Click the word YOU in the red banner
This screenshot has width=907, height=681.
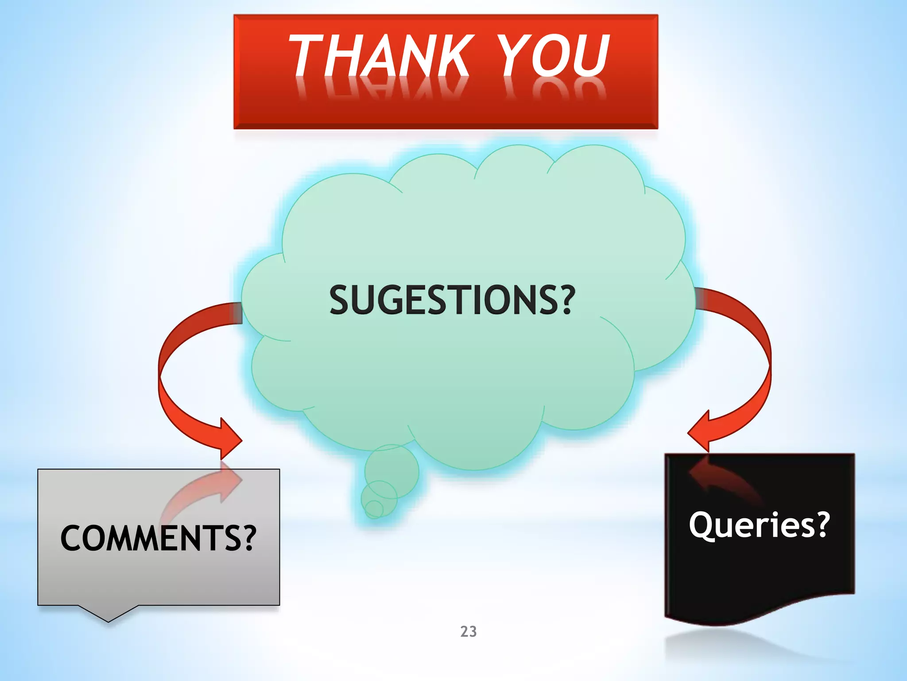coord(554,56)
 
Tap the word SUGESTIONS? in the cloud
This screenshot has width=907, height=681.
coord(452,300)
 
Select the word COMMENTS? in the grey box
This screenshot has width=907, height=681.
coord(158,538)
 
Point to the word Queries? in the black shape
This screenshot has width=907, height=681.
coord(759,525)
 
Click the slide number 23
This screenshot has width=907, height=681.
coord(469,631)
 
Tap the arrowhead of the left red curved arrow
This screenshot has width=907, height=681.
coord(230,439)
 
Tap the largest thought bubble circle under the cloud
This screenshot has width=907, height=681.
coord(391,471)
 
